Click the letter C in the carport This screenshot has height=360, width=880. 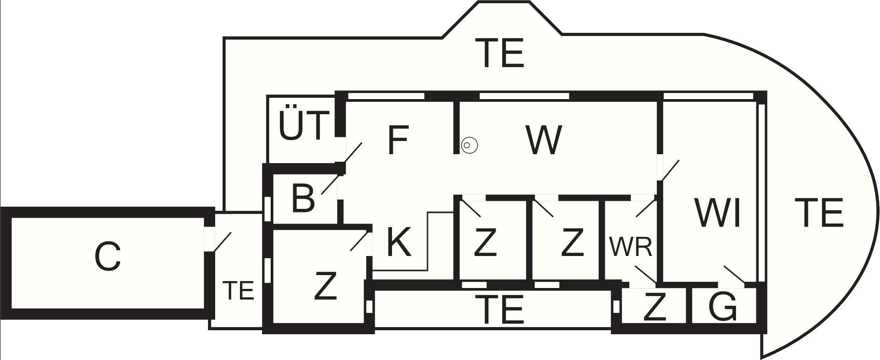[108, 257]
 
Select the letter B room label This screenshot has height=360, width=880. [304, 198]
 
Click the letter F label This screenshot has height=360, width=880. [398, 140]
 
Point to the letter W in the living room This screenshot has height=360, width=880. [544, 140]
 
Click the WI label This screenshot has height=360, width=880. [718, 213]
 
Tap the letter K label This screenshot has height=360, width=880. [399, 242]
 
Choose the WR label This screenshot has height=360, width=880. [631, 247]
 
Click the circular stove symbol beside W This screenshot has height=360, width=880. [469, 145]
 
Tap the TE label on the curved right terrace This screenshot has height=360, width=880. [819, 213]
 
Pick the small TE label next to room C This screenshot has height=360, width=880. [238, 291]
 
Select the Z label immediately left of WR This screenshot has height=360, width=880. [572, 242]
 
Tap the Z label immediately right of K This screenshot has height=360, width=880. [485, 242]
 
